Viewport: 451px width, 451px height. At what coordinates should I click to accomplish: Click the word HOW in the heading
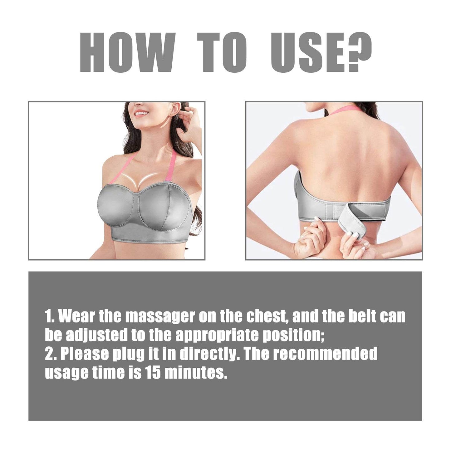click(x=127, y=53)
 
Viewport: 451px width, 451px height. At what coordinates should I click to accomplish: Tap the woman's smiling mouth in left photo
click(x=141, y=114)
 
